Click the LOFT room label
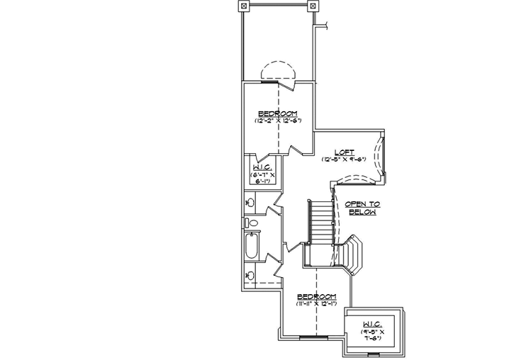coord(345,152)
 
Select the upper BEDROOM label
coord(277,113)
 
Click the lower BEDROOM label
coord(316,296)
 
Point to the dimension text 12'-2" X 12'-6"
coord(277,121)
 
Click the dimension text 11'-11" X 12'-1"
coord(316,304)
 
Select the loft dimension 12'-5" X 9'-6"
coord(345,159)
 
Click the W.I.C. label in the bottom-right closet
coord(371,323)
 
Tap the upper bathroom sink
coord(250,203)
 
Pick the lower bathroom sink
coord(250,276)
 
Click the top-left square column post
coord(244,6)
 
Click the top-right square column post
coord(311,6)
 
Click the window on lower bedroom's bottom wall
coord(310,337)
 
